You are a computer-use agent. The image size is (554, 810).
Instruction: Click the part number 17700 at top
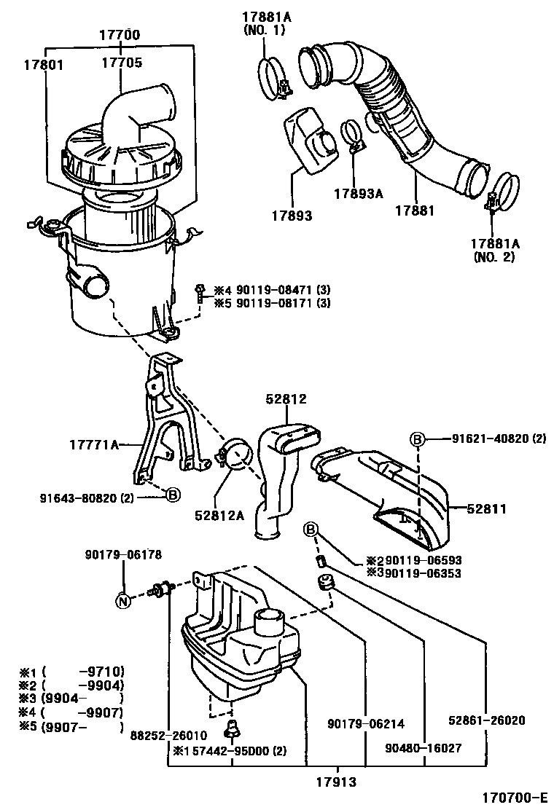pos(120,35)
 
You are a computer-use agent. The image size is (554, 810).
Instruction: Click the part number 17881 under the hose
pos(414,211)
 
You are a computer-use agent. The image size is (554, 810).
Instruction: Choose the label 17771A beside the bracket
pos(94,443)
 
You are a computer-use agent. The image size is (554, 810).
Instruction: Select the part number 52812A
pos(219,514)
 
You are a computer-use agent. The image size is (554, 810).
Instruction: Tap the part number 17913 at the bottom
pos(337,783)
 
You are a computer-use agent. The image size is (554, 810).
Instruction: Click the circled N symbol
pos(124,601)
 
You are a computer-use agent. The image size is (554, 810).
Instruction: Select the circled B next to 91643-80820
pos(173,495)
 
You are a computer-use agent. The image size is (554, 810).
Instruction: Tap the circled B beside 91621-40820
pos(417,439)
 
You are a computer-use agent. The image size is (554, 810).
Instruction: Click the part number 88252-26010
pos(170,735)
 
